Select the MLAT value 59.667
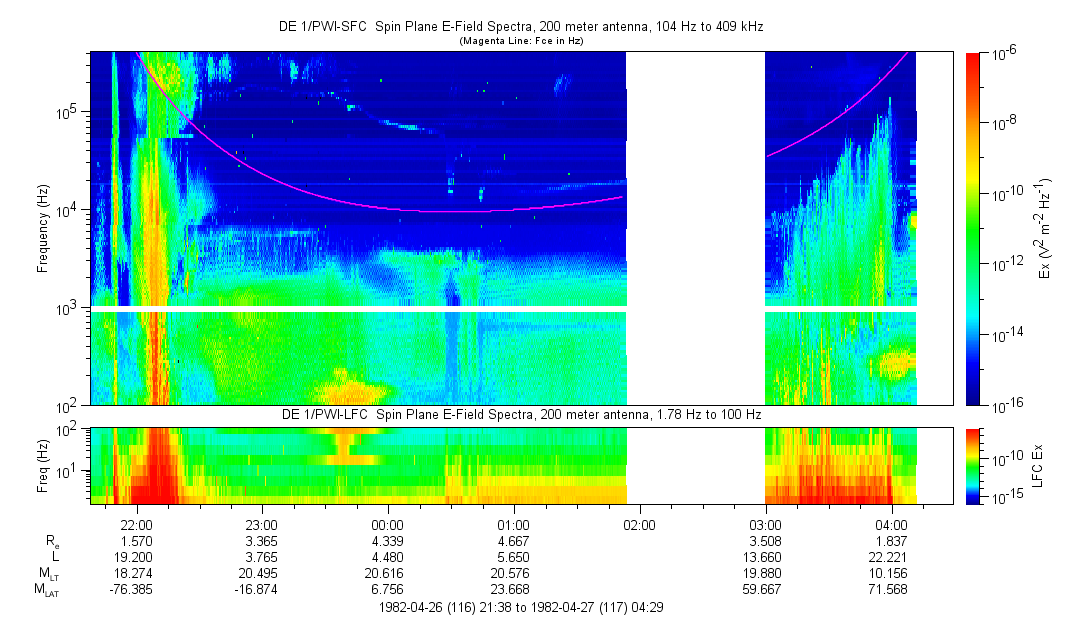[765, 589]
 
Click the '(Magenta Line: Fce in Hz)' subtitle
[521, 41]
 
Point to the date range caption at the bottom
[520, 607]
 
